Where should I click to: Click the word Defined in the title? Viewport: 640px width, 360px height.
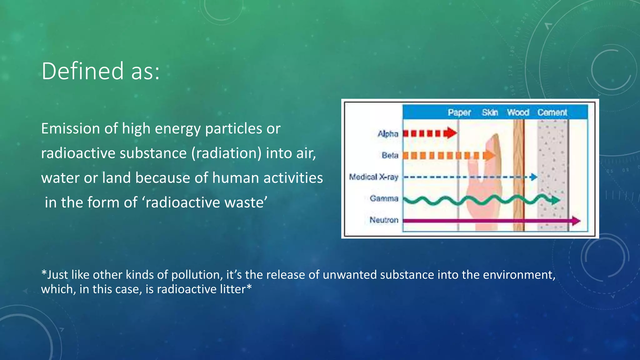click(82, 71)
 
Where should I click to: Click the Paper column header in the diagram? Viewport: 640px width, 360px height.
click(459, 112)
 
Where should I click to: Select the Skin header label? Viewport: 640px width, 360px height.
click(489, 112)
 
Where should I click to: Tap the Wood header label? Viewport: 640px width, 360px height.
click(518, 112)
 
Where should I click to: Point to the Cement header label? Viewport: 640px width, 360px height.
click(552, 112)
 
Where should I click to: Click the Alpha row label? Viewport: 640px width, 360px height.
click(388, 134)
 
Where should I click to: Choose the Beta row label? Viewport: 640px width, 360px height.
click(390, 155)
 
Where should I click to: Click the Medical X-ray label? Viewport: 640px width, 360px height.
click(373, 177)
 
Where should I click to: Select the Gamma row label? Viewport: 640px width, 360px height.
click(384, 198)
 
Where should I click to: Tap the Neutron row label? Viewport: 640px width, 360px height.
click(384, 220)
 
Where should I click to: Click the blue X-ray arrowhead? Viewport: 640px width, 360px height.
click(534, 177)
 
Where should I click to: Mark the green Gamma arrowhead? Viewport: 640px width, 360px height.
click(555, 200)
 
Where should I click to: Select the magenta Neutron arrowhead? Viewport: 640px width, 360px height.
click(576, 221)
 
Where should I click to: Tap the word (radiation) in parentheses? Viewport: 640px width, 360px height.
click(226, 153)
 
